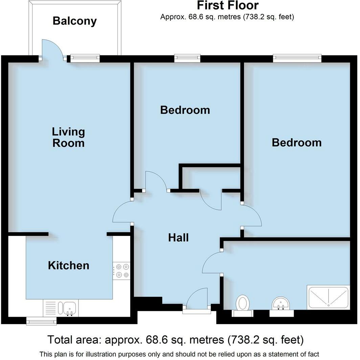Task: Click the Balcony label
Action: click(x=74, y=21)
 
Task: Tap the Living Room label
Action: click(x=68, y=137)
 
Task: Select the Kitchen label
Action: click(x=69, y=265)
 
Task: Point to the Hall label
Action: click(x=178, y=238)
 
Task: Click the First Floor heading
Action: click(x=227, y=6)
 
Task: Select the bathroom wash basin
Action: click(x=281, y=303)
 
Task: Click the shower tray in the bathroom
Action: click(x=328, y=298)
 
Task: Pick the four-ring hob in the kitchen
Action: click(x=121, y=270)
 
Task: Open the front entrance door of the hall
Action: click(x=198, y=299)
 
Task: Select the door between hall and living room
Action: click(x=122, y=212)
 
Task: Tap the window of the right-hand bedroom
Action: click(x=297, y=58)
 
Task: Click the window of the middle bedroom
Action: click(x=187, y=58)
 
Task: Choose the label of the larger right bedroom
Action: click(x=296, y=142)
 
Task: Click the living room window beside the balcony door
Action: click(x=85, y=58)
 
